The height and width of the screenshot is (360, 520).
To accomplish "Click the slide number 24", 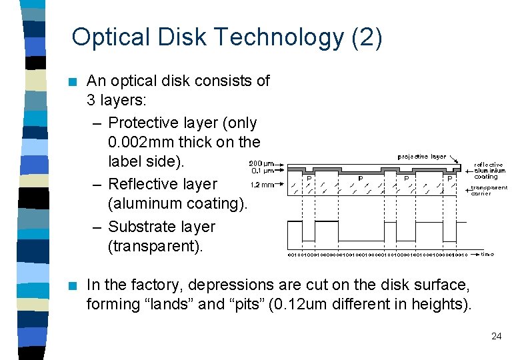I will pos(496,336).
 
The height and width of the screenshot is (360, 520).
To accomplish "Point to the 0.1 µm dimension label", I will pos(261,171).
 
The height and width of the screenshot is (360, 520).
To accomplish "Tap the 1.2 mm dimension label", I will pos(262,185).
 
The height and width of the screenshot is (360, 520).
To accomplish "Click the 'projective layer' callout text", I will pos(421,157).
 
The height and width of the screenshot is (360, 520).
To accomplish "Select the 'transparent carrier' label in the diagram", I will pos(489,190).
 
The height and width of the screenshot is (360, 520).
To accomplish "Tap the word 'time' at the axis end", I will pos(487,254).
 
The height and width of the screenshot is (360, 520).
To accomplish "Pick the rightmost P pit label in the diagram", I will pos(450,178).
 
